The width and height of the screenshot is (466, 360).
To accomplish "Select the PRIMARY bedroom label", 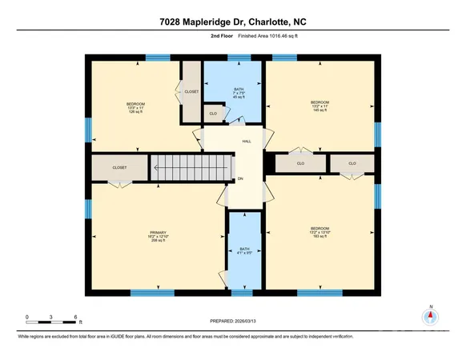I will pos(157,236).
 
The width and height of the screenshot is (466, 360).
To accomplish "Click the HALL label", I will pos(247,142).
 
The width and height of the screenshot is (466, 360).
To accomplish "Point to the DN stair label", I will pos(240,178).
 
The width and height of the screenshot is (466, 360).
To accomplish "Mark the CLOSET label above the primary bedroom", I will pos(119,168).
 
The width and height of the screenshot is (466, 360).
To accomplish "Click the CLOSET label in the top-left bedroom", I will pos(191,92).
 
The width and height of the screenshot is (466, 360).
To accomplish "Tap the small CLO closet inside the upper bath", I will pos(213,114).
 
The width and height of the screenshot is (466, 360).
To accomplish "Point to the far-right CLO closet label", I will pos(352,163).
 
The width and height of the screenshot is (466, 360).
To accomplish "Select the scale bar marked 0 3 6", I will pos(51,320).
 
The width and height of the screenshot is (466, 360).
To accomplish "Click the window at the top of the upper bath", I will pos(239,58).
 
